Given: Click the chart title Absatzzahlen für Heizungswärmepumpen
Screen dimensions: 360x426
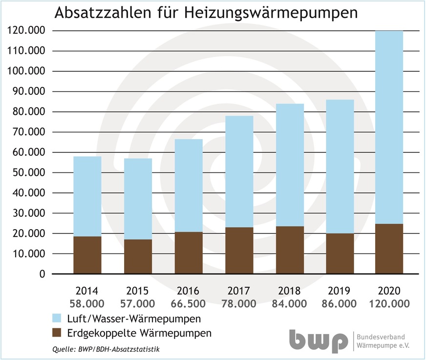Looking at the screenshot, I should tap(205, 13).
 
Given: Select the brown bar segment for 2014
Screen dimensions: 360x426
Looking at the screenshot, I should tap(87, 255).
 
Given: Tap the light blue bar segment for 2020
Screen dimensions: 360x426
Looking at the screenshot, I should tap(389, 127).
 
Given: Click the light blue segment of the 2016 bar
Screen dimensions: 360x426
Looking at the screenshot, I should tap(188, 186).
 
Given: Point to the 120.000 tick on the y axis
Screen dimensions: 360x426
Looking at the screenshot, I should tap(27, 31).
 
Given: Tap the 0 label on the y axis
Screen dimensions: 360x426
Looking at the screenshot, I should tap(42, 275).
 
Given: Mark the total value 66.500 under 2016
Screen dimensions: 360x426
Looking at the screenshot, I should tap(188, 304).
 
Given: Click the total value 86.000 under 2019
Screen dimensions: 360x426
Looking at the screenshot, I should tap(339, 304).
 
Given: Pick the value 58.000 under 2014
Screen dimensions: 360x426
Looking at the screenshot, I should tap(87, 304).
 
